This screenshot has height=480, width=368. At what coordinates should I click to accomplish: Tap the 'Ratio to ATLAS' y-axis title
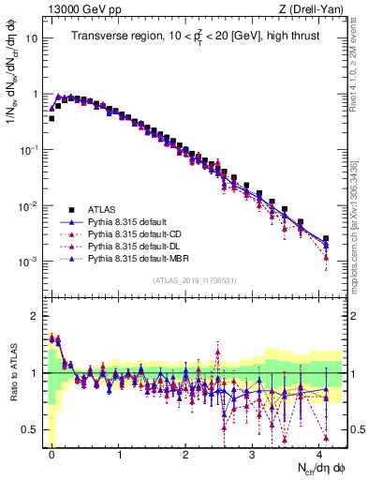coord(13,370)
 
